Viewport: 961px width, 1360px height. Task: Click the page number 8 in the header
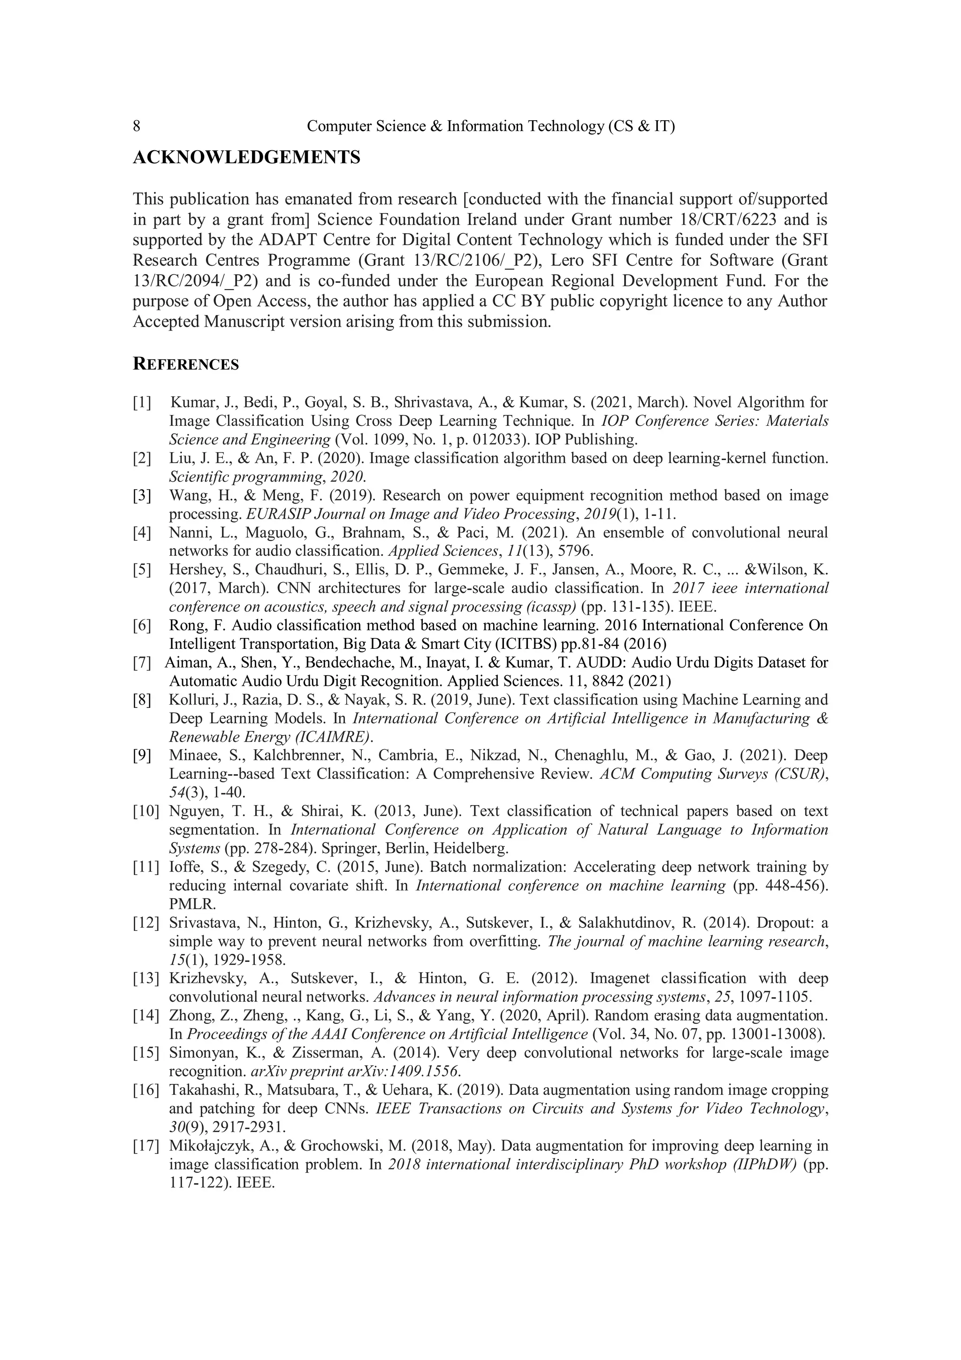tap(137, 126)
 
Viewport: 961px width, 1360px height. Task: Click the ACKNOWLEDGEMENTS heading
tap(246, 158)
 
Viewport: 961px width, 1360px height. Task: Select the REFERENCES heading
tap(186, 364)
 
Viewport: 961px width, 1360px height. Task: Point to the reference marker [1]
tap(142, 403)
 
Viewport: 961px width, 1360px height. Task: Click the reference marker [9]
tap(142, 755)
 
